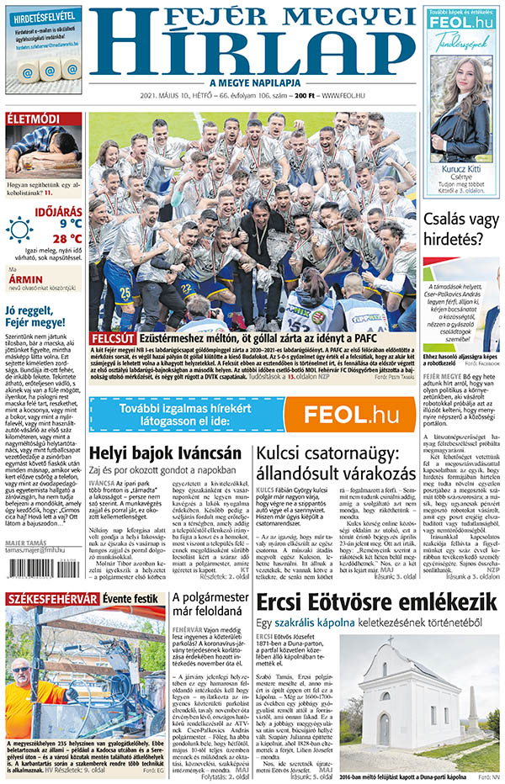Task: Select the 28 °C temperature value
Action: [63, 239]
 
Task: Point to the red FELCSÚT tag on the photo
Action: [111, 336]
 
